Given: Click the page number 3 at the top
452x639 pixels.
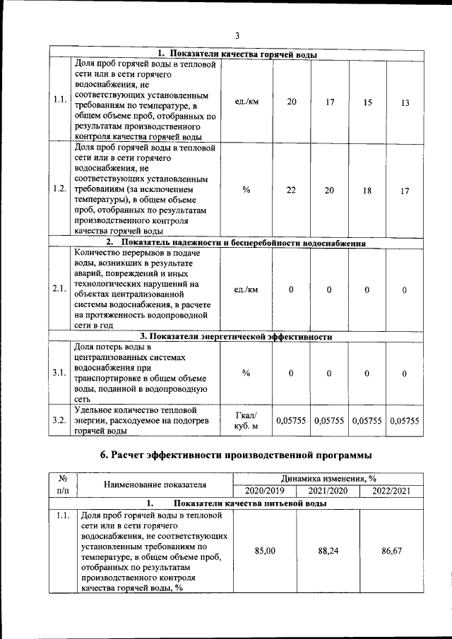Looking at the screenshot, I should pyautogui.click(x=237, y=36).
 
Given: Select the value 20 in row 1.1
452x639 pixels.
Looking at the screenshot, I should pyautogui.click(x=292, y=102).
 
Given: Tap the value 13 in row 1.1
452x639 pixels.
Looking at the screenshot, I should pyautogui.click(x=405, y=103).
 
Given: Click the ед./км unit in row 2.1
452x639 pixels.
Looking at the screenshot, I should pyautogui.click(x=246, y=289).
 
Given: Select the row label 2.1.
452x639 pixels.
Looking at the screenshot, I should pyautogui.click(x=60, y=289).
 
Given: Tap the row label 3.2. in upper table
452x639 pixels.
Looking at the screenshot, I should pyautogui.click(x=60, y=421).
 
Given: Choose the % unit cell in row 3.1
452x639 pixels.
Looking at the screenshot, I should pyautogui.click(x=246, y=374).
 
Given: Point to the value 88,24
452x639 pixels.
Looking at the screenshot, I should pyautogui.click(x=328, y=551).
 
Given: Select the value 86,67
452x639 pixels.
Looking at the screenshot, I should pyautogui.click(x=392, y=551).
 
